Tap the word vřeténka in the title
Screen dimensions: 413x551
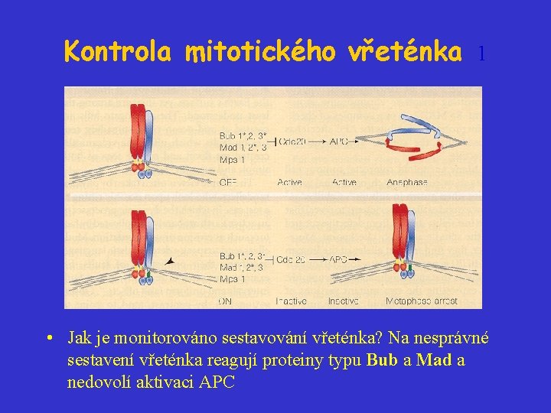point(405,51)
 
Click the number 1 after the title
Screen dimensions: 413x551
point(481,54)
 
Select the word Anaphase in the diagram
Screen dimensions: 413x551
point(407,183)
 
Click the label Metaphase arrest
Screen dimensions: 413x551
point(422,301)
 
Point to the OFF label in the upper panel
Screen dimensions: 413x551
point(228,183)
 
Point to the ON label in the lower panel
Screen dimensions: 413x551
point(225,301)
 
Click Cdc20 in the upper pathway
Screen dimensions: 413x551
point(292,141)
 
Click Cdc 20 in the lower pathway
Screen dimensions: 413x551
point(291,260)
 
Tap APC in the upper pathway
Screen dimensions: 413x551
point(339,141)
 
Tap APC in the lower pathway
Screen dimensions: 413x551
point(339,260)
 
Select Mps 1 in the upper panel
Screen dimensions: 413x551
point(233,160)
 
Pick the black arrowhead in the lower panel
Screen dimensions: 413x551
point(170,262)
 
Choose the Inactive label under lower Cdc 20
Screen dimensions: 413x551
point(291,301)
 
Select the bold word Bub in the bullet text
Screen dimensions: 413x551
point(382,360)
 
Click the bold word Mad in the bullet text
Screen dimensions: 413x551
point(432,360)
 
